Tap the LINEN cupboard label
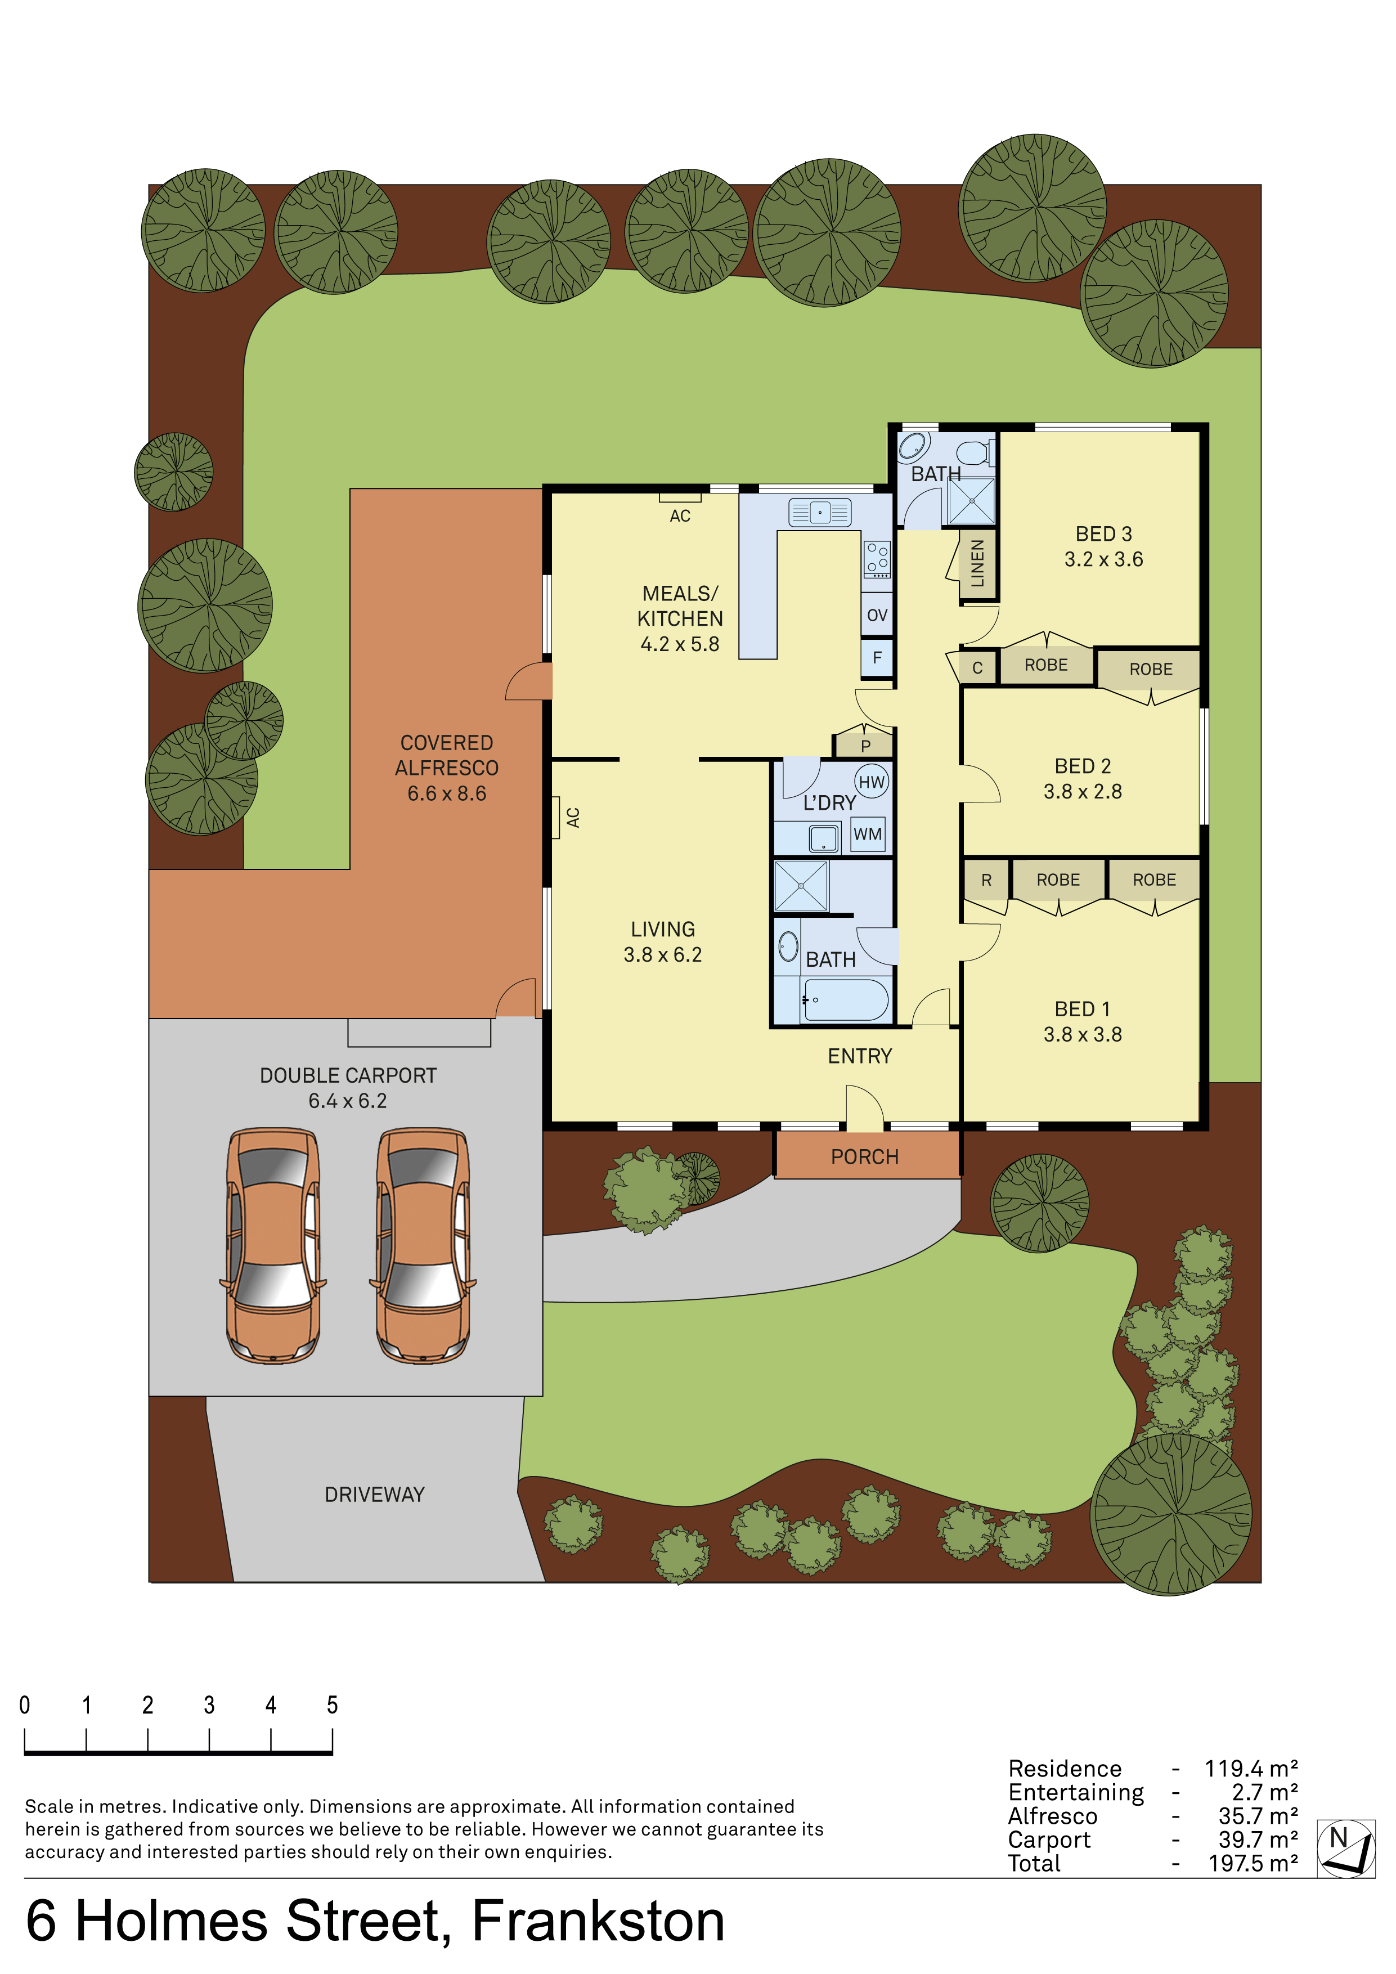click(x=977, y=563)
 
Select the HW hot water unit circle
click(x=872, y=782)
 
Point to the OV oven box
click(x=877, y=614)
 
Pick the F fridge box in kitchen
click(x=877, y=658)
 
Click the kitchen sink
click(x=819, y=513)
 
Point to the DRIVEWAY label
click(x=375, y=1494)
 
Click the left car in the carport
click(x=273, y=1245)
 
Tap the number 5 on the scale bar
click(x=333, y=1705)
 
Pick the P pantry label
click(x=865, y=746)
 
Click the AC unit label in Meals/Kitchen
click(x=680, y=516)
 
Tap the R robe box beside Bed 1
click(x=986, y=880)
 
